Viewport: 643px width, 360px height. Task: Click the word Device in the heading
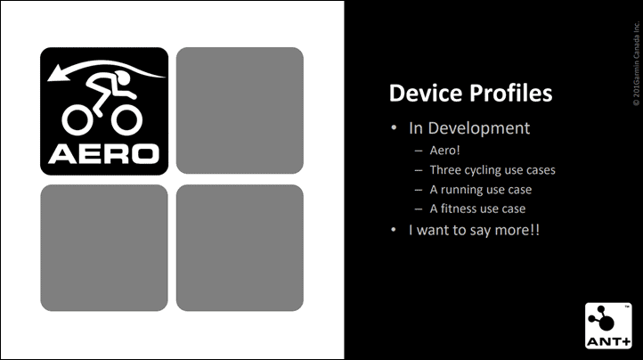426,94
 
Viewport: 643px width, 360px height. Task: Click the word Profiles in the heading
511,94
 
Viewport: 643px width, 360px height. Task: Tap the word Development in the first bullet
478,128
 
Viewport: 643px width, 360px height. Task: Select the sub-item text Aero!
444,151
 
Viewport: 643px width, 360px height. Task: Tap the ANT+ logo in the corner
608,326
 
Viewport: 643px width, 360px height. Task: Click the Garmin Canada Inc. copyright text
636,63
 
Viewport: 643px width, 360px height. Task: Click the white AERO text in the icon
103,154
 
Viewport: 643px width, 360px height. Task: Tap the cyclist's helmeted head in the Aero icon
123,78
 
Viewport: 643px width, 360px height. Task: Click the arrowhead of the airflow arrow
56,73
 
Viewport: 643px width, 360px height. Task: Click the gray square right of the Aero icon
240,110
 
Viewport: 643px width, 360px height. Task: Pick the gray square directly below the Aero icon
104,248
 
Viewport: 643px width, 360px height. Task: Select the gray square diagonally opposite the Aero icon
240,248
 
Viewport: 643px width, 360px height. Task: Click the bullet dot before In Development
394,128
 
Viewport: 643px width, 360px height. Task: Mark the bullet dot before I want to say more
394,230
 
